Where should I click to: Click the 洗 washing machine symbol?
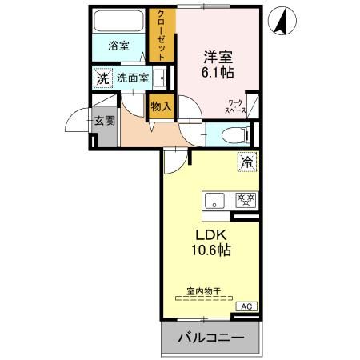click(x=102, y=78)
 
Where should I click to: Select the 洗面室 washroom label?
click(x=132, y=78)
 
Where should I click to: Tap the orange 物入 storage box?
click(x=159, y=106)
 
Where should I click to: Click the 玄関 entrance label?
click(x=104, y=121)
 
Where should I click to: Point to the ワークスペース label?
click(x=236, y=107)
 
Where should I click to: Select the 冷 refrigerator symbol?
click(x=246, y=162)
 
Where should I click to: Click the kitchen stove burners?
click(x=244, y=200)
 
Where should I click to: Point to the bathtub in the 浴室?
click(x=119, y=21)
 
